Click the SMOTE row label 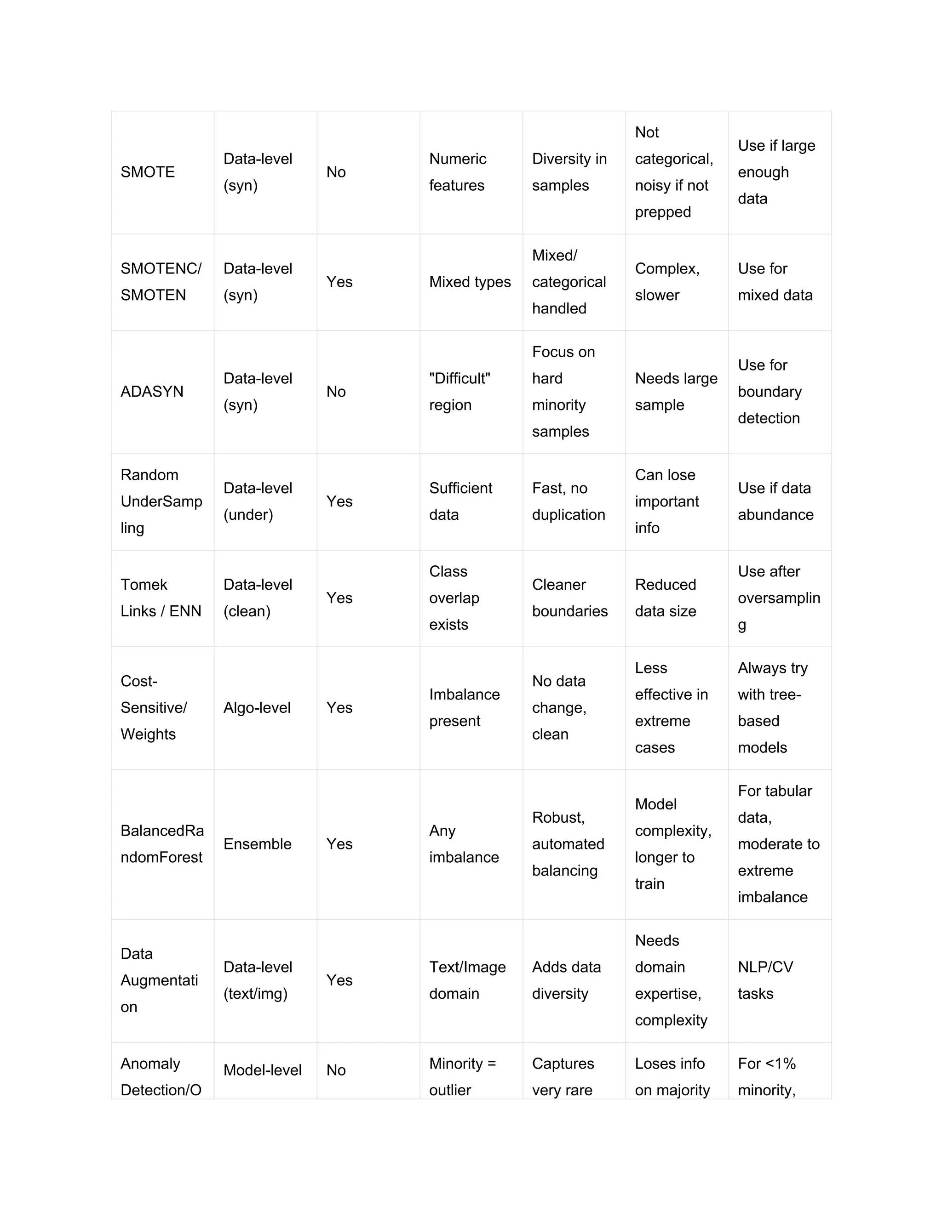pos(148,172)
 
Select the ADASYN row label pos(152,392)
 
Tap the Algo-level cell pos(257,708)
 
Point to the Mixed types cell pos(470,282)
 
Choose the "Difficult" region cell pos(460,392)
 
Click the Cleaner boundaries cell pos(570,598)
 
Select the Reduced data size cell pos(665,598)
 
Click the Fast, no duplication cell pos(568,501)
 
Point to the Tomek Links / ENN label pos(161,598)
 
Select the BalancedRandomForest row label pos(162,844)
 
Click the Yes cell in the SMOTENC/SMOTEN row pos(339,282)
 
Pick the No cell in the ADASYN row pos(336,392)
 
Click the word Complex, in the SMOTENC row pos(667,269)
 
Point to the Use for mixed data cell pos(775,282)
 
